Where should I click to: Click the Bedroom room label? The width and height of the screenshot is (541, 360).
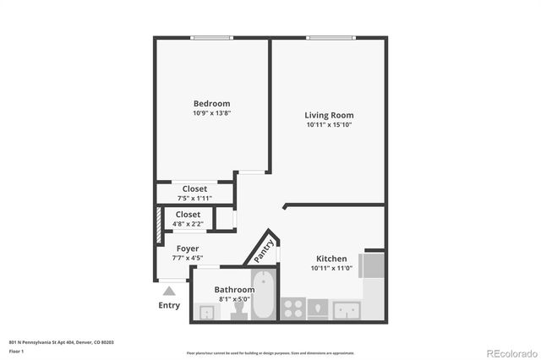211,103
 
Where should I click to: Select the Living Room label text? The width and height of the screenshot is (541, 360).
329,115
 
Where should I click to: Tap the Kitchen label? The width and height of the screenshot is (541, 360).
331,259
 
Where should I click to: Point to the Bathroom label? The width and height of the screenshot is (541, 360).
234,289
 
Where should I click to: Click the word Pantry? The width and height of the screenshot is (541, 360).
262,248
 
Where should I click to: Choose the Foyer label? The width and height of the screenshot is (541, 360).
188,248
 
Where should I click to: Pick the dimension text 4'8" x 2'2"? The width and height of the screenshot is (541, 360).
188,224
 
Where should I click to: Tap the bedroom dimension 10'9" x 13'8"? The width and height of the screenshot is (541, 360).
211,113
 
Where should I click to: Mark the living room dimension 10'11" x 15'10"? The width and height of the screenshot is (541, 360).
329,125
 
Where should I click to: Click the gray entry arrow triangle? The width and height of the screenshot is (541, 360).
168,291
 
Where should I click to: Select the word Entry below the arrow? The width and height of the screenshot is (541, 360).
169,305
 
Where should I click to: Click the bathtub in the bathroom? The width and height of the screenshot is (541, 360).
264,295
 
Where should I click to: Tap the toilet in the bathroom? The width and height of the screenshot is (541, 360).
238,311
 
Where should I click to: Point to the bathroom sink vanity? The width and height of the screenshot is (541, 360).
206,312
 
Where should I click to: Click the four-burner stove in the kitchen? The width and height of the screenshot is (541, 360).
292,309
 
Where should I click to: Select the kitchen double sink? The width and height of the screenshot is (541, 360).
347,310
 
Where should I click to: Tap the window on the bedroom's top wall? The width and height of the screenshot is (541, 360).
211,37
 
